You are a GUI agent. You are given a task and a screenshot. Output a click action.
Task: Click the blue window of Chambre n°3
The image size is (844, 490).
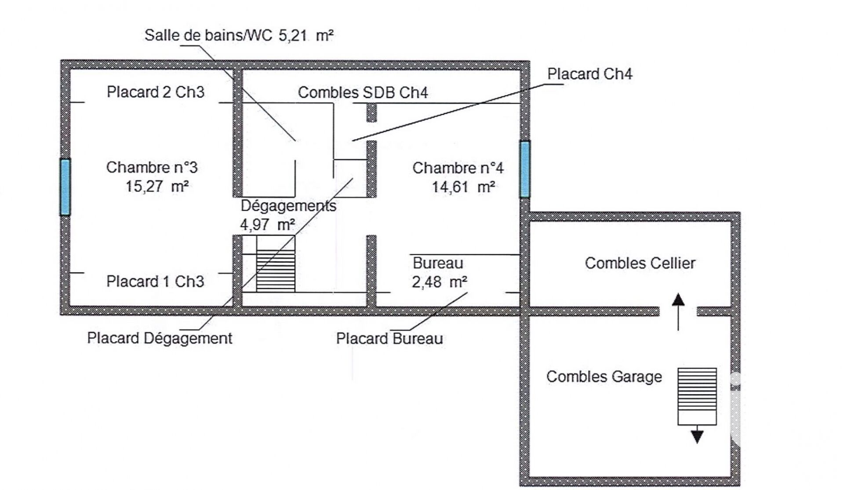(x=65, y=187)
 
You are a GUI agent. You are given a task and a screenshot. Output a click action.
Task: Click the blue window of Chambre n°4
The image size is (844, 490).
(x=525, y=169)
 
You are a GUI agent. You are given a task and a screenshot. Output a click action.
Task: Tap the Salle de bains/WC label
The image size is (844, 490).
(x=208, y=35)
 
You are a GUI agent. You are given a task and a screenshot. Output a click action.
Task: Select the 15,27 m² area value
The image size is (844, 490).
(x=157, y=186)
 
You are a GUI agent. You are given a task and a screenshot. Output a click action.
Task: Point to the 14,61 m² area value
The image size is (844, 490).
(x=463, y=187)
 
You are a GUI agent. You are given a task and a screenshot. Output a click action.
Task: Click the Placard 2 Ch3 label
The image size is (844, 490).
(x=156, y=92)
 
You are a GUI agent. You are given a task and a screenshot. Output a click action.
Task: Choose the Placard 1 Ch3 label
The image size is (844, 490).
(x=155, y=282)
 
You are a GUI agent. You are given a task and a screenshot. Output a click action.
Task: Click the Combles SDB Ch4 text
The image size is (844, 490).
(x=363, y=92)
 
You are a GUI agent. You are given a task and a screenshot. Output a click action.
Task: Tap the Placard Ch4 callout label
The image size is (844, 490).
(x=589, y=74)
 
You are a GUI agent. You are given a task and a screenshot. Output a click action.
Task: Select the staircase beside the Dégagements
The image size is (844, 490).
(x=276, y=271)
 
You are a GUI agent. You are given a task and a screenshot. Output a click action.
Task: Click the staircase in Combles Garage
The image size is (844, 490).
(x=697, y=396)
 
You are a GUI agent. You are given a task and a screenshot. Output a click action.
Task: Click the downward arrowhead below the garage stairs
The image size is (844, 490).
(x=697, y=436)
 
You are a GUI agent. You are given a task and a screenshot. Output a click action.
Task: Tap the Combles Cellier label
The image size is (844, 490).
(x=640, y=263)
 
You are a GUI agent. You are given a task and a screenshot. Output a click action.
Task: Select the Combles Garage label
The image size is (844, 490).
(x=604, y=377)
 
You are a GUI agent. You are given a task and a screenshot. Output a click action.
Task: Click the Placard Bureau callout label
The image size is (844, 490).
(x=389, y=339)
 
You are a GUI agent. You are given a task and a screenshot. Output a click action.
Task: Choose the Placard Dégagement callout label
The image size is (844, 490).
(x=160, y=338)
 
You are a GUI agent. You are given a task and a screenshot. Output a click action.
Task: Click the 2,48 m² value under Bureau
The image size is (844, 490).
(x=439, y=282)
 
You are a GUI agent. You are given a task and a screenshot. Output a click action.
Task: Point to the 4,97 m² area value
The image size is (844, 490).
(x=267, y=225)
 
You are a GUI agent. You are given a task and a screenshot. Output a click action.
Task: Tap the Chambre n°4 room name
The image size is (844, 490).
(x=458, y=168)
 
